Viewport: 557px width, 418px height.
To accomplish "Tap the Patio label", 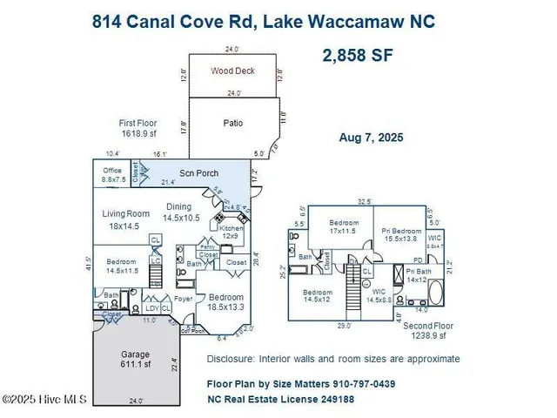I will coord(232,123).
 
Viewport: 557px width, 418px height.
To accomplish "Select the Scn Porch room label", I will coord(198,173).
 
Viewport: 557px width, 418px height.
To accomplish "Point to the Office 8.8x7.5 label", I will coord(113,175).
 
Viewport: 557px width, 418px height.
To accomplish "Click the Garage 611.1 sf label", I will coord(135,360).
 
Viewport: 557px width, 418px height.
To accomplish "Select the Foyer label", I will coord(183,299).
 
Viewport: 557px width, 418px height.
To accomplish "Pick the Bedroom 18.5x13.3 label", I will coord(226,301).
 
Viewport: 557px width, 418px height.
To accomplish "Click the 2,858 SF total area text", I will coord(359,57).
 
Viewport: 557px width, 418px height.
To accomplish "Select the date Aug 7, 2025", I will coord(371,138).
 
